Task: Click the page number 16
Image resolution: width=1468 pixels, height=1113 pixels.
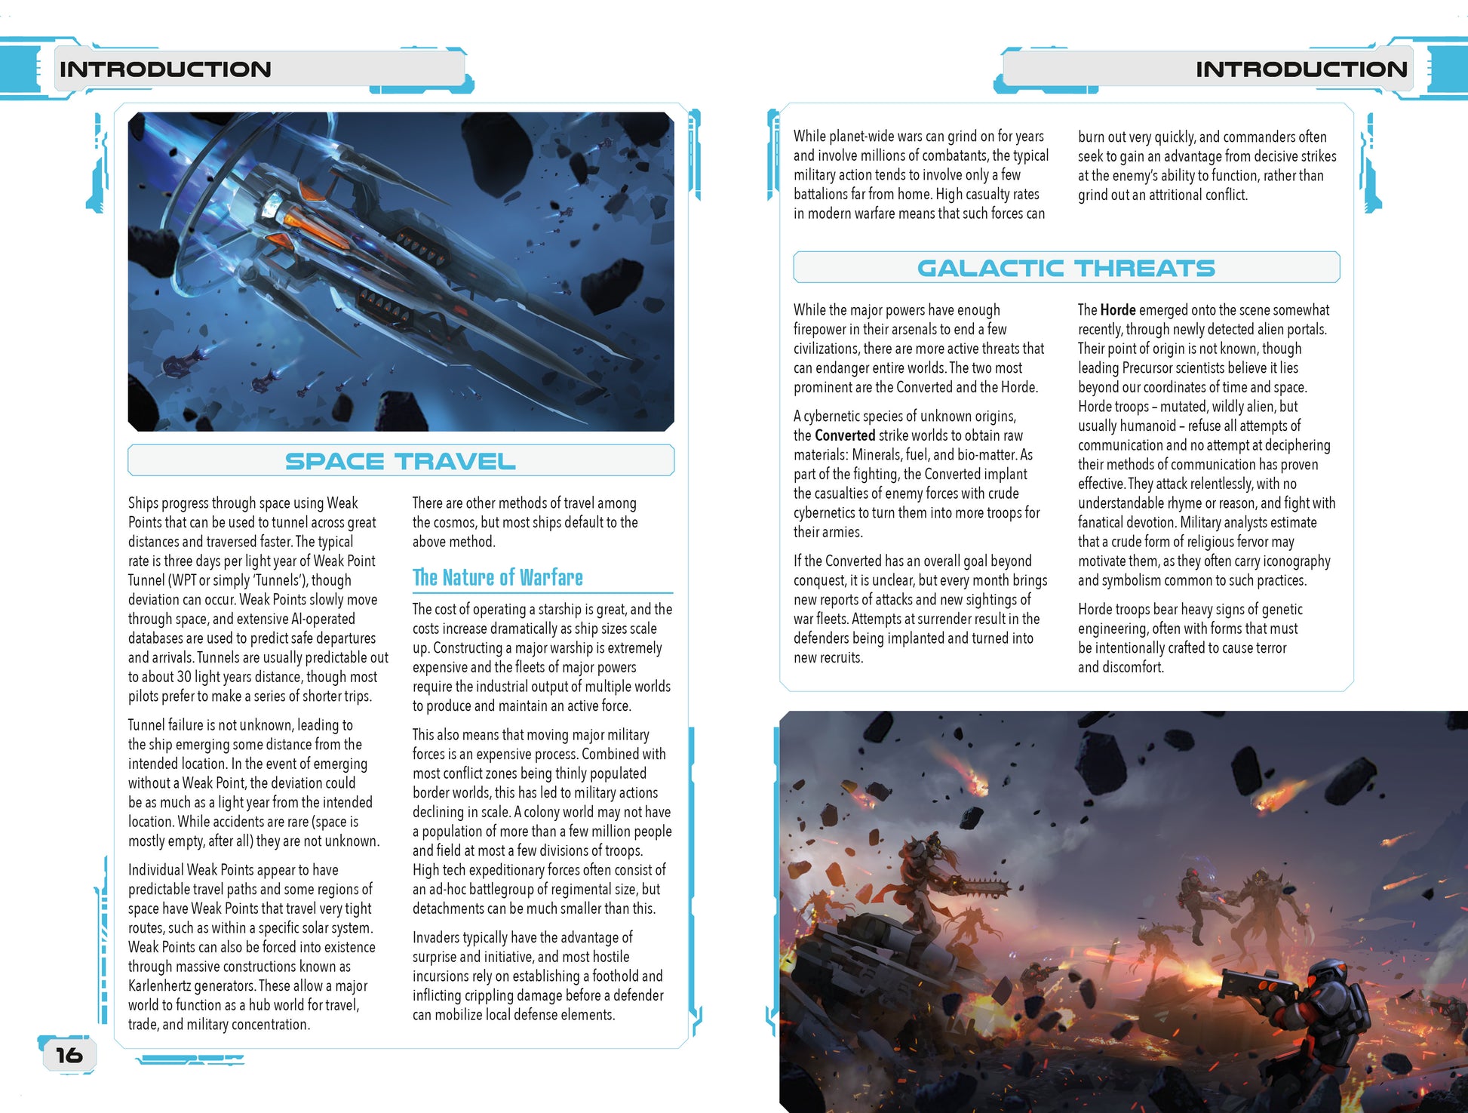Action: tap(69, 1055)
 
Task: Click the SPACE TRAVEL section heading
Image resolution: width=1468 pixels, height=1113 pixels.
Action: tap(401, 461)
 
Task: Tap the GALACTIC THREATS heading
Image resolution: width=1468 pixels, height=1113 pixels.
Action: tap(1065, 268)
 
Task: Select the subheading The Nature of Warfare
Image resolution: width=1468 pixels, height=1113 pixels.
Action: tap(498, 578)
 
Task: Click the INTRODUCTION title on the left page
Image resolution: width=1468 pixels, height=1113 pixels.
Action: tap(165, 69)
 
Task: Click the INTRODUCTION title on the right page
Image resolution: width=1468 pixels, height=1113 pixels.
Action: tap(1301, 69)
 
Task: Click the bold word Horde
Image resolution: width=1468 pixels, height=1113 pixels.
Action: tap(1118, 310)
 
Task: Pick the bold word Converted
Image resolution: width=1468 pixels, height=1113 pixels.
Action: tap(845, 435)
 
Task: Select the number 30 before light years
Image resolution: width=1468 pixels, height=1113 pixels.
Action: tap(184, 677)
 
